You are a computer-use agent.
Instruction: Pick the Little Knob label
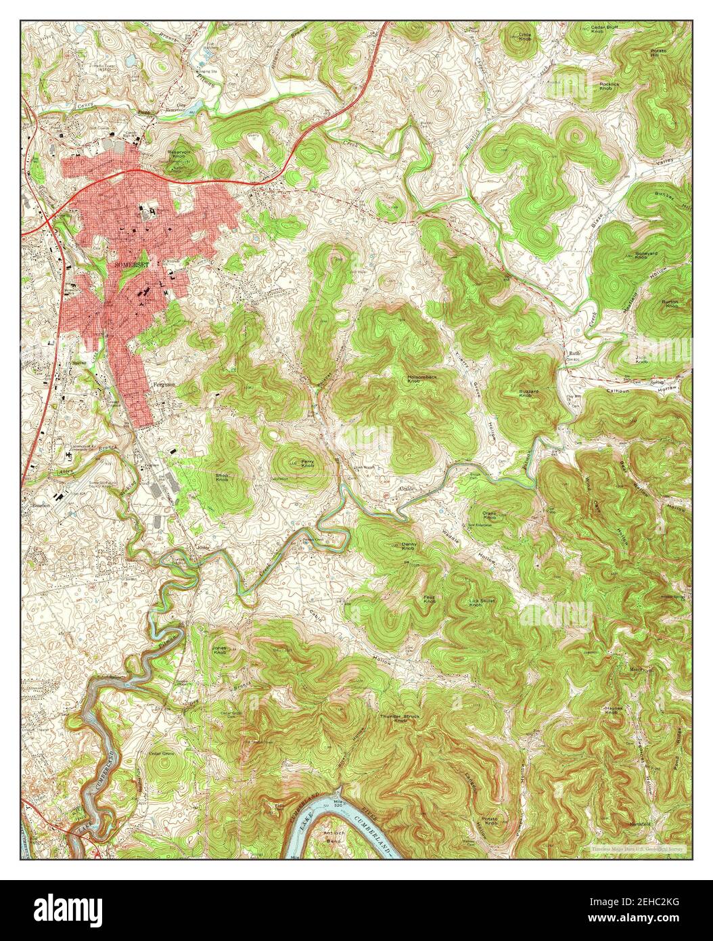pyautogui.click(x=525, y=37)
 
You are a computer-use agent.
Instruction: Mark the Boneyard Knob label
pyautogui.click(x=641, y=257)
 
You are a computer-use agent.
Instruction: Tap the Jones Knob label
pyautogui.click(x=220, y=649)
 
